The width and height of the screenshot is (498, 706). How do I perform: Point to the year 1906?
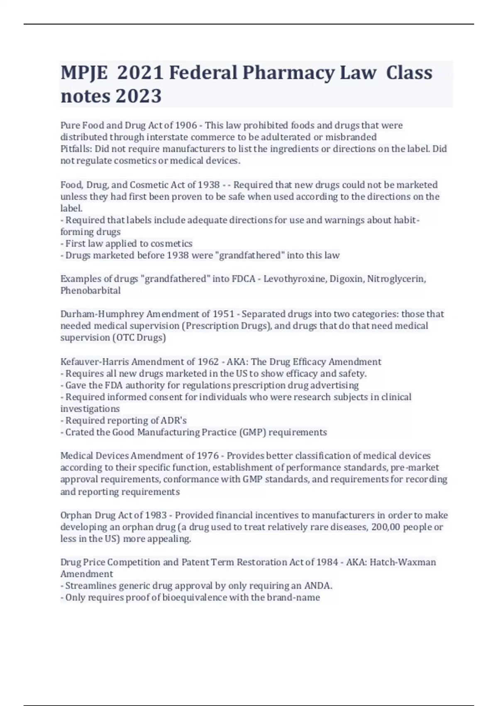pos(186,125)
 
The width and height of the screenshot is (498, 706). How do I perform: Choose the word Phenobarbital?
pos(90,290)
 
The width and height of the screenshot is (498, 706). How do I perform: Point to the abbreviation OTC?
pos(125,338)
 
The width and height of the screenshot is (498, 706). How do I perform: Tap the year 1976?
pos(207,456)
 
